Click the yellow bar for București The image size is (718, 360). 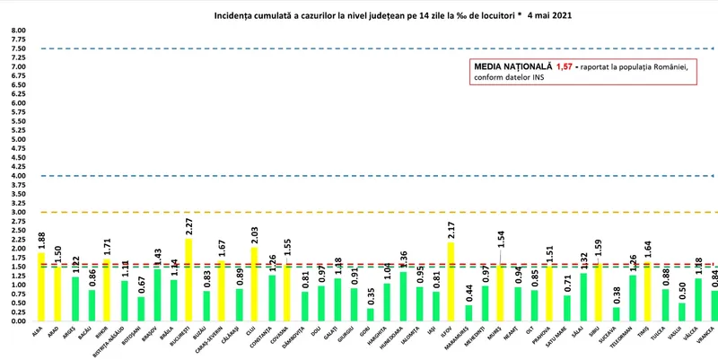pyautogui.click(x=188, y=279)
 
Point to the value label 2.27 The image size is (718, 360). pyautogui.click(x=188, y=225)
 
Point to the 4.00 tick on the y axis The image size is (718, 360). pyautogui.click(x=18, y=176)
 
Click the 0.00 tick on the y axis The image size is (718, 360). pyautogui.click(x=18, y=320)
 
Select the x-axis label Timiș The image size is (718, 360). pyautogui.click(x=645, y=334)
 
